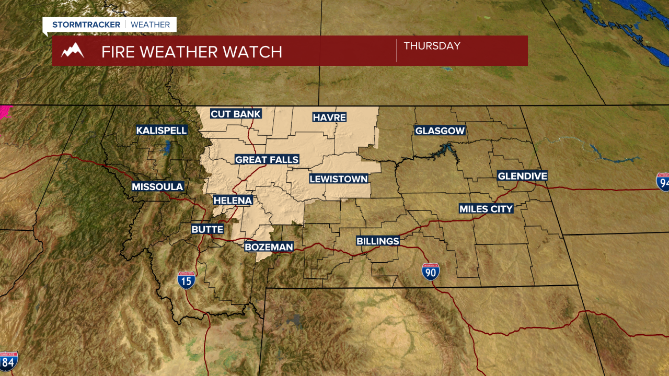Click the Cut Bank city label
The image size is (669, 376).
point(235,114)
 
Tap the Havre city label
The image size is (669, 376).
point(329,117)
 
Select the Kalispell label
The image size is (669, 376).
point(162,130)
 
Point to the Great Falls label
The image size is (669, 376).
point(267,159)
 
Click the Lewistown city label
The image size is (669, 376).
point(339,179)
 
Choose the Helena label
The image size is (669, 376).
point(233,200)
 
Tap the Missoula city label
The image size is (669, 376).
point(157,186)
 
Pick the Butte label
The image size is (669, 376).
point(207,229)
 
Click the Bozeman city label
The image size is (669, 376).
point(269,246)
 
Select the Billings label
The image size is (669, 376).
point(378,241)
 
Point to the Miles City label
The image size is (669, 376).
point(486,209)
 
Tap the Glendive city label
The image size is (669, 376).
point(522,176)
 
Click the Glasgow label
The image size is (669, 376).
point(440,131)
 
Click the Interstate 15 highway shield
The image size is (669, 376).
point(186,280)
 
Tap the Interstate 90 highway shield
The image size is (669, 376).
point(431,272)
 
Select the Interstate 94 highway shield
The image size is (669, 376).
point(663,181)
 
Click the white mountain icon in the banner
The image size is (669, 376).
point(73,51)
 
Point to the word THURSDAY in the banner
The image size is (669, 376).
point(432,46)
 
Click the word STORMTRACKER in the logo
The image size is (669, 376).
point(86,25)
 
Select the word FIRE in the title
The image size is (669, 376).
point(118,52)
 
